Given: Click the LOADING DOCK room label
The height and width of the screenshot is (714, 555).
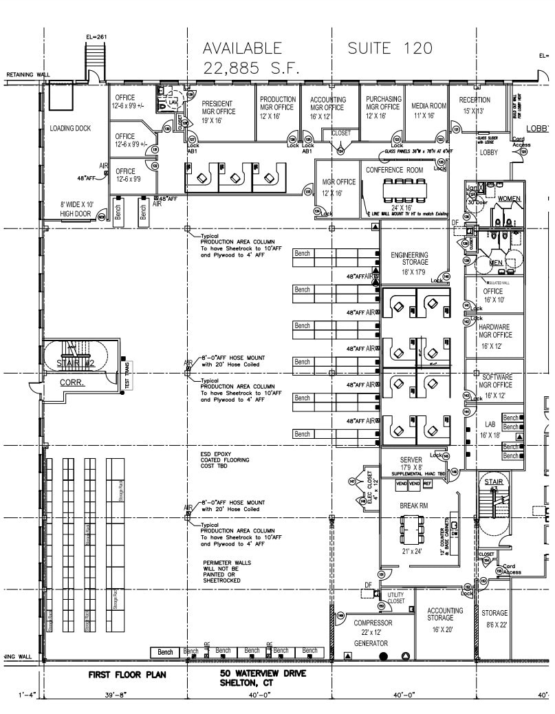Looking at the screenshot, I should [70, 128].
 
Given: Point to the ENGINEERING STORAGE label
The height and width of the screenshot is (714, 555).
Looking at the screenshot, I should [409, 259].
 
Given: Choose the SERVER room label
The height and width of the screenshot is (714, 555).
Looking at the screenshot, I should [411, 459].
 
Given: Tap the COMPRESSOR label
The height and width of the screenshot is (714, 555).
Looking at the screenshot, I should [373, 623].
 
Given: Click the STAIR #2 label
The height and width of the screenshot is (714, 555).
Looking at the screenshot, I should [76, 363].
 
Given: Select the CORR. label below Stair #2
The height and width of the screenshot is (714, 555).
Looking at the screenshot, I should [72, 382].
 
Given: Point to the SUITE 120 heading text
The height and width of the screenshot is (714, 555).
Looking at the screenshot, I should [390, 48].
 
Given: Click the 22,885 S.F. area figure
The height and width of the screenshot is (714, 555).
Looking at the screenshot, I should [242, 68].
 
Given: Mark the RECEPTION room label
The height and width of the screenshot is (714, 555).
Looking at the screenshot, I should [475, 100].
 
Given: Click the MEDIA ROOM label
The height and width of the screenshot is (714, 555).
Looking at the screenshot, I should [429, 106].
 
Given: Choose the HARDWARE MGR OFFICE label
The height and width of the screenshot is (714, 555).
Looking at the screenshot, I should [494, 332].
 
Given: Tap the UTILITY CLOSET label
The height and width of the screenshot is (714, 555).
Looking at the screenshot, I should [396, 598].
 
